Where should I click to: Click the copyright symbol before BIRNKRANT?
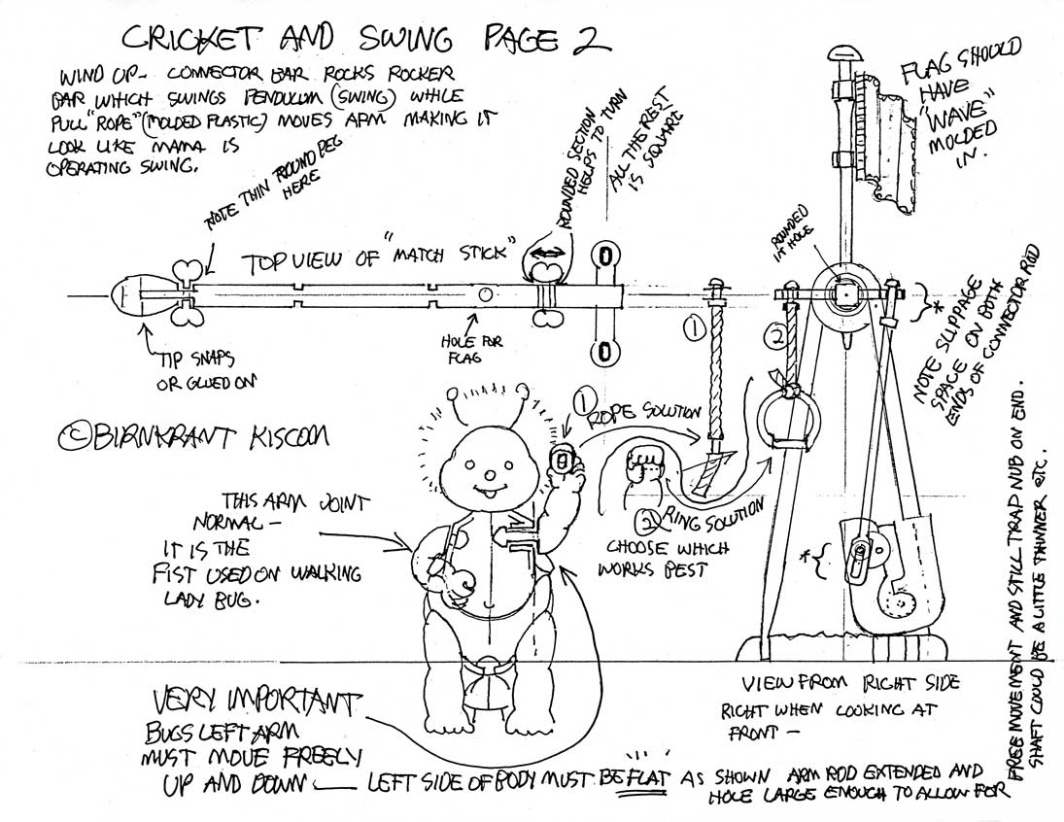tap(70, 438)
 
